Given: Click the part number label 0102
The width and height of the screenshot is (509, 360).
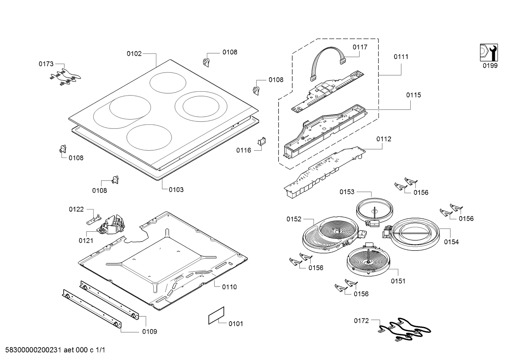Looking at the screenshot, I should coord(134,54).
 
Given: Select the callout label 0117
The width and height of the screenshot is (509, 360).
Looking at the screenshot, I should coord(360,47).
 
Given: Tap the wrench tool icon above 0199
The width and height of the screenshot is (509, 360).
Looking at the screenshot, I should coord(489,53).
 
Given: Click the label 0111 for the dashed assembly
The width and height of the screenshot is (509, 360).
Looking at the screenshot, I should coord(401,57).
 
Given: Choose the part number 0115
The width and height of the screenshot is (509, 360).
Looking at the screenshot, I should coord(413,95).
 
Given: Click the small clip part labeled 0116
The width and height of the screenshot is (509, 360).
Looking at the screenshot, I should coord(261,142).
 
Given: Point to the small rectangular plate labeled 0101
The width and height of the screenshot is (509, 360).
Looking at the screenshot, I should coord(216,315).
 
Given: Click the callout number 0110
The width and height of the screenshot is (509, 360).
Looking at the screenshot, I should coord(229,287).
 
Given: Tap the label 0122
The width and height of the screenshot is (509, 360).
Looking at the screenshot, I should coord(76,209).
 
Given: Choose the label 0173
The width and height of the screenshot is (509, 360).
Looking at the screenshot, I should coord(46,64).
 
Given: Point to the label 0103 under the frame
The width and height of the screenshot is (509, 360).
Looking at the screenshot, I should coord(176,190).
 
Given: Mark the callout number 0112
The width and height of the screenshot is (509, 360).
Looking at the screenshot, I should coord(384,139).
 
